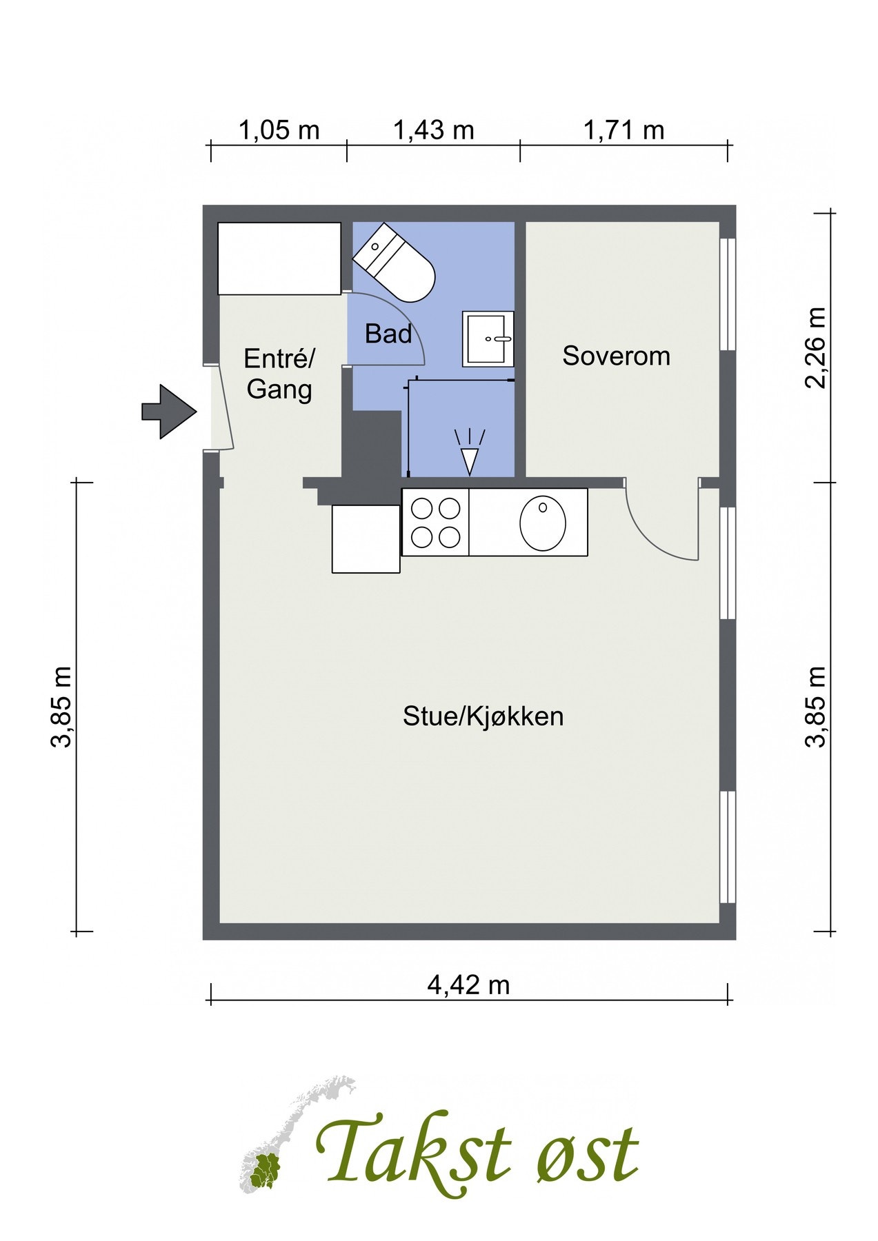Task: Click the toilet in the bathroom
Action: [x=394, y=263]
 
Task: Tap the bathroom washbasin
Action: [x=488, y=339]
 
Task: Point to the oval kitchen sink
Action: [x=543, y=523]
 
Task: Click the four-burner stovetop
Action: [x=435, y=523]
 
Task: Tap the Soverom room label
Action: [x=616, y=356]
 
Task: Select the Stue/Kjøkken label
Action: [x=483, y=716]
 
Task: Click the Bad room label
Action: [x=388, y=334]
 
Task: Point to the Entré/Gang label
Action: [x=279, y=374]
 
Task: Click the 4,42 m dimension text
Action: [x=468, y=985]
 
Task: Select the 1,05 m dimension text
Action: [x=279, y=130]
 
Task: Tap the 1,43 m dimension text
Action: [x=433, y=130]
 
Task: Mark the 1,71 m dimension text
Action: [x=623, y=130]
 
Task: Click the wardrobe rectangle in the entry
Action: [x=279, y=259]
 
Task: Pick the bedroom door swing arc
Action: [x=652, y=534]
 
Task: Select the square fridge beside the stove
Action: [x=366, y=539]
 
